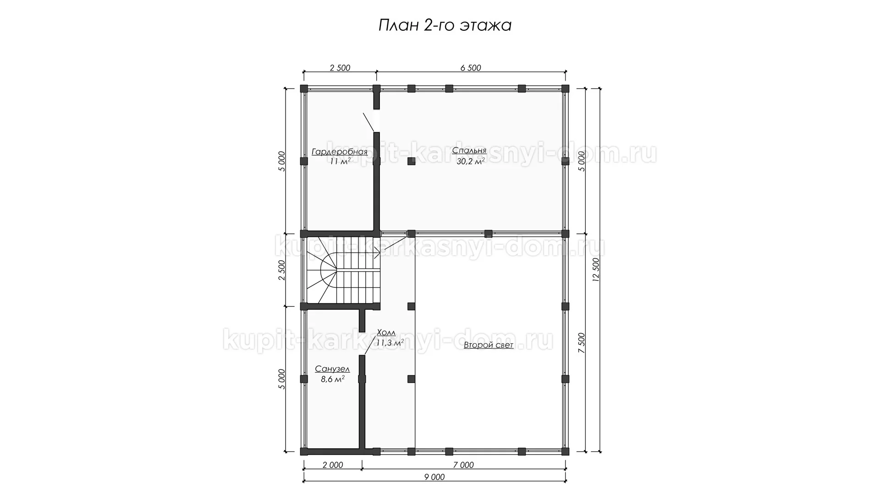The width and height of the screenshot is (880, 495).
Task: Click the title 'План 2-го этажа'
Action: (445, 26)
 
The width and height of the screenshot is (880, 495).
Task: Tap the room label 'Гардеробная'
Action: (340, 152)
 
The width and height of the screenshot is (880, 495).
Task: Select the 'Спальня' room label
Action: (469, 150)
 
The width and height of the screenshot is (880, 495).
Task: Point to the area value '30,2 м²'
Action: (471, 161)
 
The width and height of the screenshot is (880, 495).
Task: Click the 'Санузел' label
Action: (332, 369)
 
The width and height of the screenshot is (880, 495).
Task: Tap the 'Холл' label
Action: (386, 332)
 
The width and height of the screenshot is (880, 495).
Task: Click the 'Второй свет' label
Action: (489, 345)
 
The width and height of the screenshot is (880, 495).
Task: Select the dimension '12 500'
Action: (596, 270)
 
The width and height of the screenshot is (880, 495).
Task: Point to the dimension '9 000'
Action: (434, 477)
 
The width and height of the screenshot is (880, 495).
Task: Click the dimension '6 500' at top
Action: (471, 68)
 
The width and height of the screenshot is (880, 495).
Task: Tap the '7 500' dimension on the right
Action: (581, 343)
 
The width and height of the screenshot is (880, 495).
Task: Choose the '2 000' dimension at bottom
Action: (333, 465)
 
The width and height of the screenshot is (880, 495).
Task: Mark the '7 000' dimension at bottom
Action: (463, 465)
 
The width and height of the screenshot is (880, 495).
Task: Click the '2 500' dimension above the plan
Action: (340, 68)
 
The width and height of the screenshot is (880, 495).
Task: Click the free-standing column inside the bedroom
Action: (411, 161)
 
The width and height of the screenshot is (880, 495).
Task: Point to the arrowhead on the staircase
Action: (377, 251)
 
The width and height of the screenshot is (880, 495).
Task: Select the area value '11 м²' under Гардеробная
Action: (340, 161)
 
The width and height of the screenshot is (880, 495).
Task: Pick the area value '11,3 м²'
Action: (390, 342)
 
